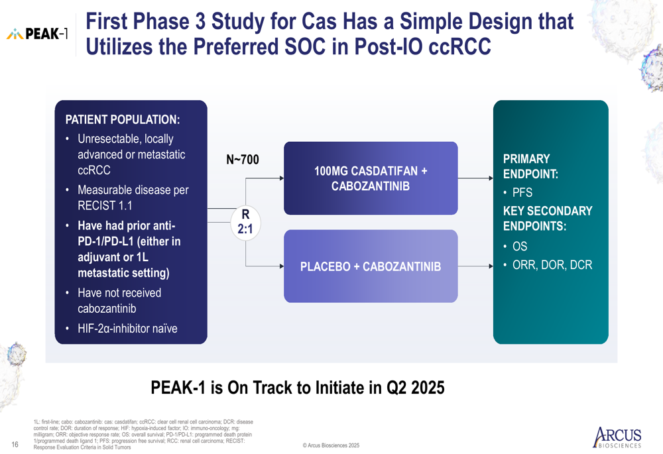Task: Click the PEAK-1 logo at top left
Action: (36, 34)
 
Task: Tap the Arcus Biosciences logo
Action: (617, 437)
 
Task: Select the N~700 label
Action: (243, 159)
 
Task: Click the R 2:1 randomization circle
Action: (245, 222)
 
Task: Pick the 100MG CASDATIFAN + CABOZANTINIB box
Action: (371, 178)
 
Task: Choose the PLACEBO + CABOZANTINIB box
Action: (371, 266)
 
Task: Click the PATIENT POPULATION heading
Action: (123, 119)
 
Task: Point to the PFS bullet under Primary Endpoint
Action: (518, 193)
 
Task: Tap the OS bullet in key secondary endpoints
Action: (514, 247)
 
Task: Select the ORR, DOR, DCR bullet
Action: (548, 265)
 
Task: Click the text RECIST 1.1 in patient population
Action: (105, 205)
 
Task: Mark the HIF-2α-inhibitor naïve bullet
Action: (122, 329)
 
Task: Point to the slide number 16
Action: (15, 444)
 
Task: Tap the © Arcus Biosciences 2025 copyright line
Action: (331, 445)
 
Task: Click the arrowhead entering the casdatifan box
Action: (281, 178)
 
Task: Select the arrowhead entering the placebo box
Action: (281, 266)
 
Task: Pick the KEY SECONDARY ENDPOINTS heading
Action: (548, 219)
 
